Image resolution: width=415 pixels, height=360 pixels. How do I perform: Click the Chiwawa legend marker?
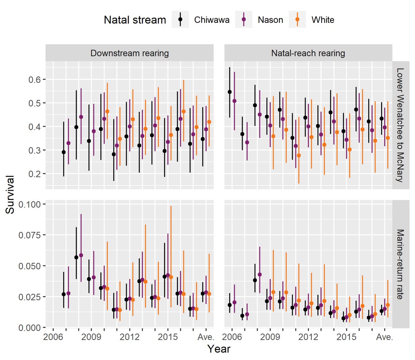180,20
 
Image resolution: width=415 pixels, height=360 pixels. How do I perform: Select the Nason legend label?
270,20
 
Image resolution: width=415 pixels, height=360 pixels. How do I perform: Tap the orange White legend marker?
297,20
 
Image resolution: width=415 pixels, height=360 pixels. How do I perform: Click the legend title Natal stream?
135,20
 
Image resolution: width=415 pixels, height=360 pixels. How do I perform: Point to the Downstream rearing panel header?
129,53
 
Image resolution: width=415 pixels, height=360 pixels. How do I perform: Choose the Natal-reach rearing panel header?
308,53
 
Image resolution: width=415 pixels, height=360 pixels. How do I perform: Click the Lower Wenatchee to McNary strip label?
400,125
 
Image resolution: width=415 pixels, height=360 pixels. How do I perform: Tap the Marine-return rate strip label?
400,264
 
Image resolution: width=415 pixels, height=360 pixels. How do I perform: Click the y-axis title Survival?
10,195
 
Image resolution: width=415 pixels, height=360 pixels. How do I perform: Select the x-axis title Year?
219,349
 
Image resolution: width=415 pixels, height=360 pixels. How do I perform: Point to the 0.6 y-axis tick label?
34,79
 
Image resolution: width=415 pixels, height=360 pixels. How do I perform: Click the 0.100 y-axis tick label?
29,204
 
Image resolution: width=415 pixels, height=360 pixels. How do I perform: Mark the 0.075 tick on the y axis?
29,235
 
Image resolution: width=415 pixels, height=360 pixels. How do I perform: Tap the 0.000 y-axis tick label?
29,328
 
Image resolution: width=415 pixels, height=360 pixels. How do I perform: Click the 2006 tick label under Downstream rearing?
53,337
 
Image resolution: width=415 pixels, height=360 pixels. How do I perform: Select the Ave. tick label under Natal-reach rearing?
385,337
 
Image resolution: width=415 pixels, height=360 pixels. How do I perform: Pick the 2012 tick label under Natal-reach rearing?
308,337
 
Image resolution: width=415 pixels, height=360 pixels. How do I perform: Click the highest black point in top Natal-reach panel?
230,92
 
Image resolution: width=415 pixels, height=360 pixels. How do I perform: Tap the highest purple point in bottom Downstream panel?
81,255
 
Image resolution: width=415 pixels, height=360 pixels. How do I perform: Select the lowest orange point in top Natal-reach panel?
298,155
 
